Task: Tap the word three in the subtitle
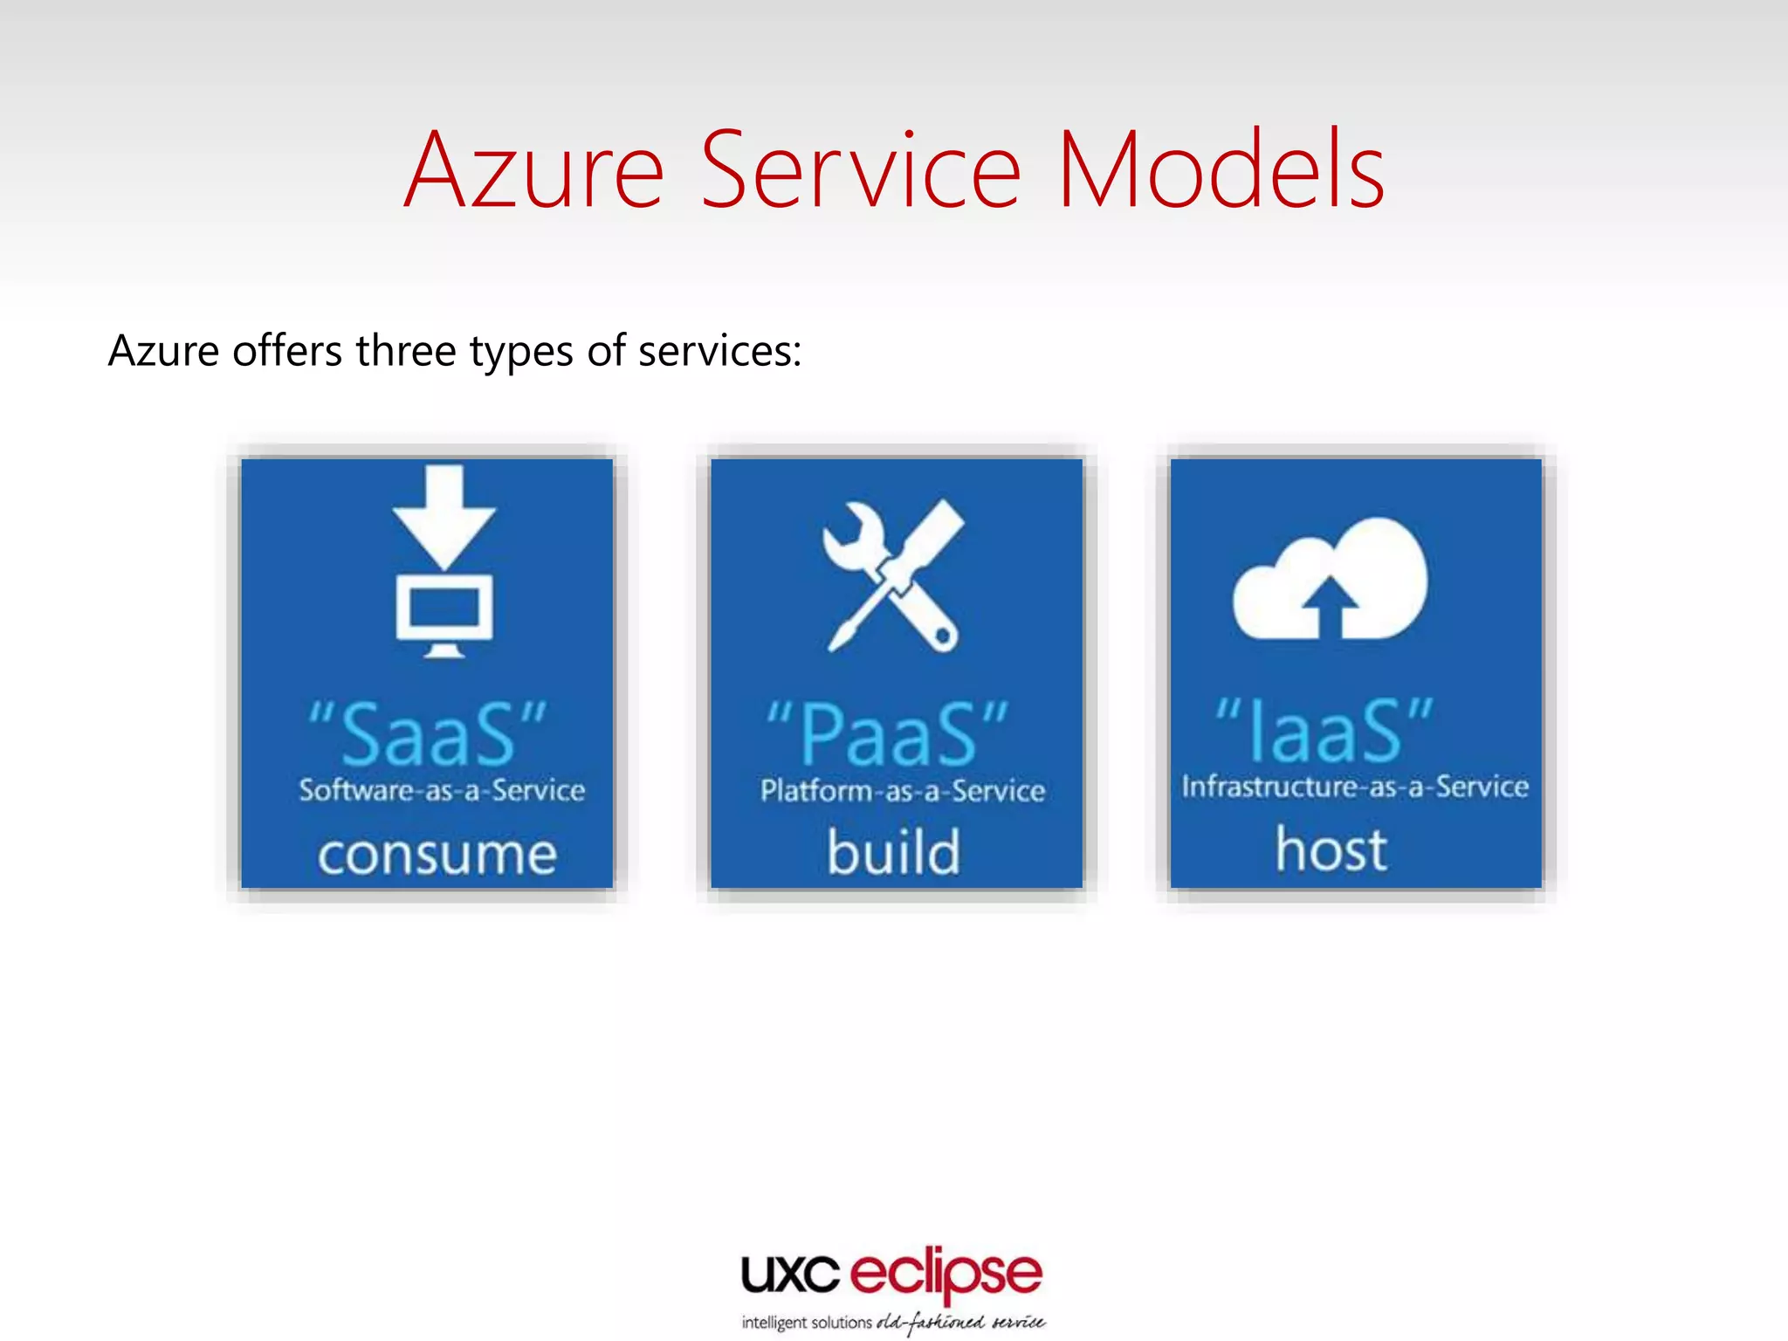click(406, 351)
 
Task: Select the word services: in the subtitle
click(719, 351)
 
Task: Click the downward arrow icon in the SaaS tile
click(444, 515)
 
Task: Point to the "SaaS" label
click(428, 733)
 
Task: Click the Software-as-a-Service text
click(442, 790)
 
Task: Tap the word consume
click(437, 854)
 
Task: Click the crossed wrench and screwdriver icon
click(892, 576)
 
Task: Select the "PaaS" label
click(887, 733)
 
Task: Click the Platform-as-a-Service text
click(902, 791)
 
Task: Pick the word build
click(893, 852)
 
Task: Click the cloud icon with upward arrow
click(1329, 581)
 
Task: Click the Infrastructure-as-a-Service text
click(1355, 787)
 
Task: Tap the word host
click(1331, 849)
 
